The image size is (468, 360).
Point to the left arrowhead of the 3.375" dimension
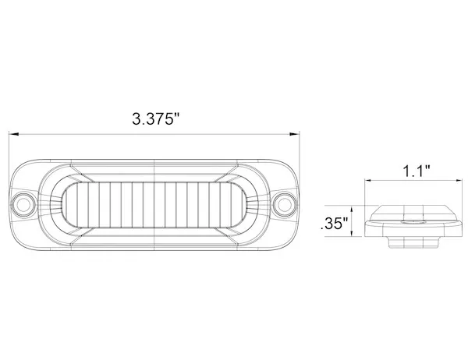tap(12, 134)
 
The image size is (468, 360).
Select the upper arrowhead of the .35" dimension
tap(355, 209)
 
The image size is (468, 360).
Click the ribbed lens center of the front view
tap(155, 204)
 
